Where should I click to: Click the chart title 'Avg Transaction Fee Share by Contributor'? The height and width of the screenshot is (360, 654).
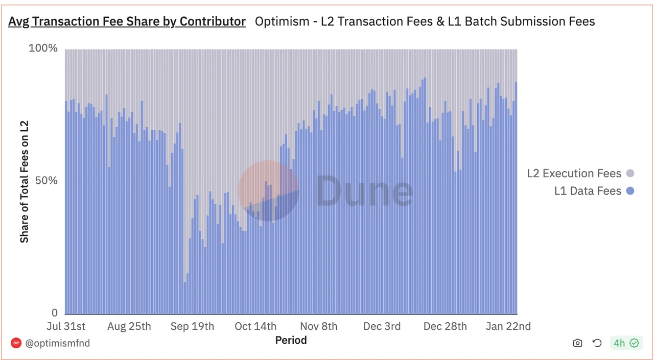127,21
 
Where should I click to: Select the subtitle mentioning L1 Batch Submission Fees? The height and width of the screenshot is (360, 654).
425,21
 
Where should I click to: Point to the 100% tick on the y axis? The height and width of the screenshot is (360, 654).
43,49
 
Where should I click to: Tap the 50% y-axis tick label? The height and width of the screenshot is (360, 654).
46,181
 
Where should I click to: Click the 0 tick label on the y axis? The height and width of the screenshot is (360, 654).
54,313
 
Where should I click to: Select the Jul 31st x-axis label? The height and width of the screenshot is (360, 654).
66,326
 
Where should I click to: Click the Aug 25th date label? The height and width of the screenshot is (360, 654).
129,326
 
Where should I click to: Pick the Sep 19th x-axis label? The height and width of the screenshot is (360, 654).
192,326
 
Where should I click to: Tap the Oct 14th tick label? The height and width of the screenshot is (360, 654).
255,326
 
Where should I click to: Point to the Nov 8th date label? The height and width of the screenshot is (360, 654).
318,326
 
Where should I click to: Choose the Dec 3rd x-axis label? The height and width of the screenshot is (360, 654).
382,326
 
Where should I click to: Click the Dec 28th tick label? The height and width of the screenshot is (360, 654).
445,326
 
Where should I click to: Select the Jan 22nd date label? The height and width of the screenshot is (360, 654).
508,326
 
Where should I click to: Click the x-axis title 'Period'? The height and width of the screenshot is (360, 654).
291,340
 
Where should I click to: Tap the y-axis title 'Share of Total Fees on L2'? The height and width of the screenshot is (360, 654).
24,181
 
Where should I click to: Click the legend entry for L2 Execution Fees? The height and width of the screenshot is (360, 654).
580,174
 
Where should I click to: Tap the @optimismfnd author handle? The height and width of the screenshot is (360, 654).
57,343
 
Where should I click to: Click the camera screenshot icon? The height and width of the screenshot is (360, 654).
577,343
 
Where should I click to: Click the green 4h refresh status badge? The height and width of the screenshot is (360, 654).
626,343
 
